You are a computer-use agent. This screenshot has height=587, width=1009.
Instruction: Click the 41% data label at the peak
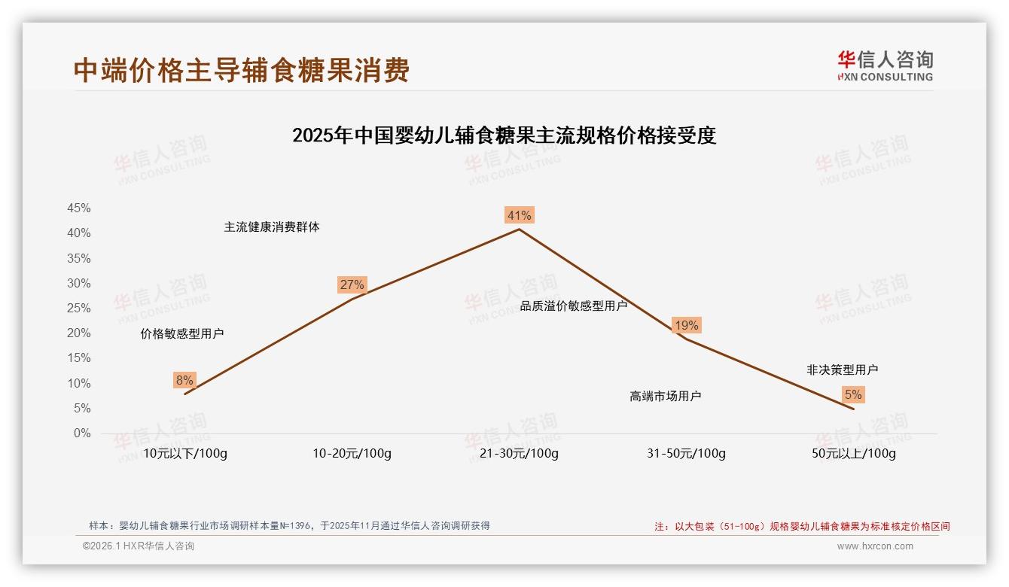tap(519, 215)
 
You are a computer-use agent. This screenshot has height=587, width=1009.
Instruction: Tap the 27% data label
tap(352, 284)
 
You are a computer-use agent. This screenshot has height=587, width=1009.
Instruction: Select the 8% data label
tap(184, 380)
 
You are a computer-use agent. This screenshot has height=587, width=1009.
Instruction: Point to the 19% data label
tap(686, 325)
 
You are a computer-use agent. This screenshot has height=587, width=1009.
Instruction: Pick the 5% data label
tap(853, 394)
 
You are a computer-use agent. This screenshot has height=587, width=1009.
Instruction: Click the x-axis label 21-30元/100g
tap(519, 453)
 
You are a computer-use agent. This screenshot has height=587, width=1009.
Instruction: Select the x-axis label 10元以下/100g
tap(184, 453)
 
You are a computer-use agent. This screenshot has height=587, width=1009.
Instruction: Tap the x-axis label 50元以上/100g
tap(853, 453)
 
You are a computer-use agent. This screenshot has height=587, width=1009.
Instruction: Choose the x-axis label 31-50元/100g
tap(686, 453)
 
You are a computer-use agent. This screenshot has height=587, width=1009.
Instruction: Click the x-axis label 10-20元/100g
tap(352, 453)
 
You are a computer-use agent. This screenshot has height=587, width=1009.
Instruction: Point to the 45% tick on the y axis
tap(79, 208)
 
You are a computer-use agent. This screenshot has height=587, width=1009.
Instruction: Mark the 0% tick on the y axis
tap(82, 433)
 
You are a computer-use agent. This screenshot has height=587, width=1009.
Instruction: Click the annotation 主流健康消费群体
tap(271, 227)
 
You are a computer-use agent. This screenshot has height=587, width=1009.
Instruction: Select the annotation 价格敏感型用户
tap(181, 333)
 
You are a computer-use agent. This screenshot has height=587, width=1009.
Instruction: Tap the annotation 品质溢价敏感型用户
tap(573, 306)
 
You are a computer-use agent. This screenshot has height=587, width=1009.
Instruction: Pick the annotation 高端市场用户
tap(665, 396)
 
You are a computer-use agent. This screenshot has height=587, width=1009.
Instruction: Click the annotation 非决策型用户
tap(842, 370)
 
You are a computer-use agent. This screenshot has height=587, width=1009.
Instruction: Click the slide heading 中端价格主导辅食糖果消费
tap(242, 70)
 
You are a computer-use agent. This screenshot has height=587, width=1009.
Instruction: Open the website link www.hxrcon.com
tap(875, 546)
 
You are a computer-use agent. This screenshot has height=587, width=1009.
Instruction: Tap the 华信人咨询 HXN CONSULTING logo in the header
tap(885, 65)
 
